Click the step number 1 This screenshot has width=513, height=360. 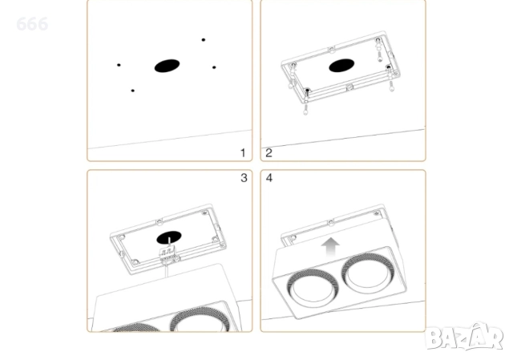coord(243,153)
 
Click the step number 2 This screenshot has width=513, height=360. coord(269,153)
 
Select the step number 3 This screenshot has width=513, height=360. coord(244,178)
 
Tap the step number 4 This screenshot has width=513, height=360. coord(269,178)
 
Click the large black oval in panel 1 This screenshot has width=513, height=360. coord(167,66)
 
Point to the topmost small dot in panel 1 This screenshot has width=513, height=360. coord(203,40)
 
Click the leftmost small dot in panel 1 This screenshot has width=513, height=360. coord(119,65)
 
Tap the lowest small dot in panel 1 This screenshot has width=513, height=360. coord(132,91)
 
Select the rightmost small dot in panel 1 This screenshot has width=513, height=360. coord(214,67)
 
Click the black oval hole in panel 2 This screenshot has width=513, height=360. coord(341,66)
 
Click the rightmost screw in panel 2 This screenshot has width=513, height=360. coord(391,86)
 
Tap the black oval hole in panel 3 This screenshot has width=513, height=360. coord(169,237)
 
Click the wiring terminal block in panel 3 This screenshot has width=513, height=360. coord(168,253)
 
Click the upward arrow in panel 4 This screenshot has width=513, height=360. coord(330,247)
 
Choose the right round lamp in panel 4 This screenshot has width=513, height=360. coord(366,271)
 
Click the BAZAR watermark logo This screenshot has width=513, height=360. coord(464,337)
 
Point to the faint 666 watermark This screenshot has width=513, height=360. coord(32,24)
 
